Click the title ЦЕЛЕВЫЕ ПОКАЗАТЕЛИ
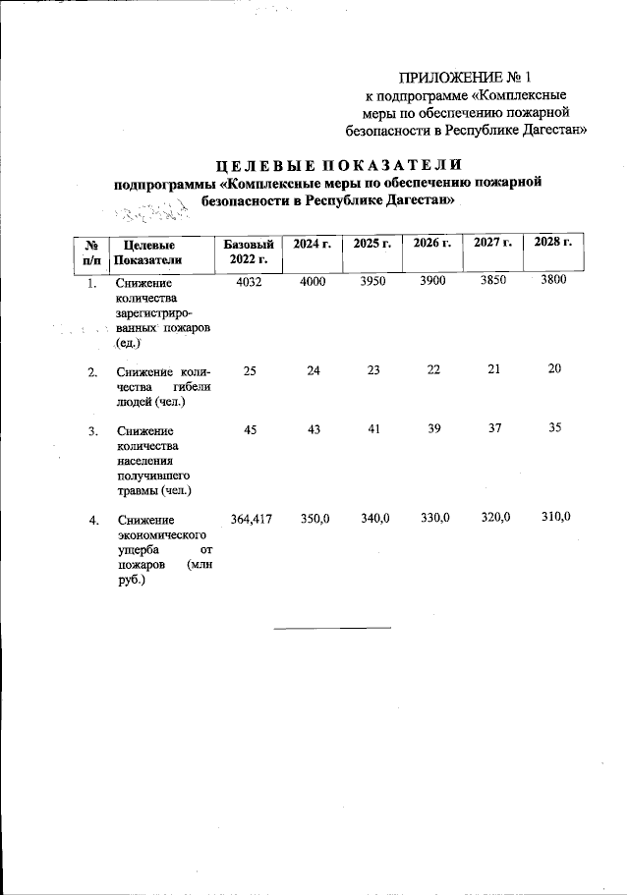pos(325,164)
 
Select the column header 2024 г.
pos(310,243)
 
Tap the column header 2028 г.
pos(552,243)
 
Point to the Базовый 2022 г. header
pos(247,252)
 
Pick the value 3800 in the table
pos(552,282)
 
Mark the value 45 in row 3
pos(249,430)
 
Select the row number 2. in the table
pos(92,372)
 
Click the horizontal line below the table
pos(331,627)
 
